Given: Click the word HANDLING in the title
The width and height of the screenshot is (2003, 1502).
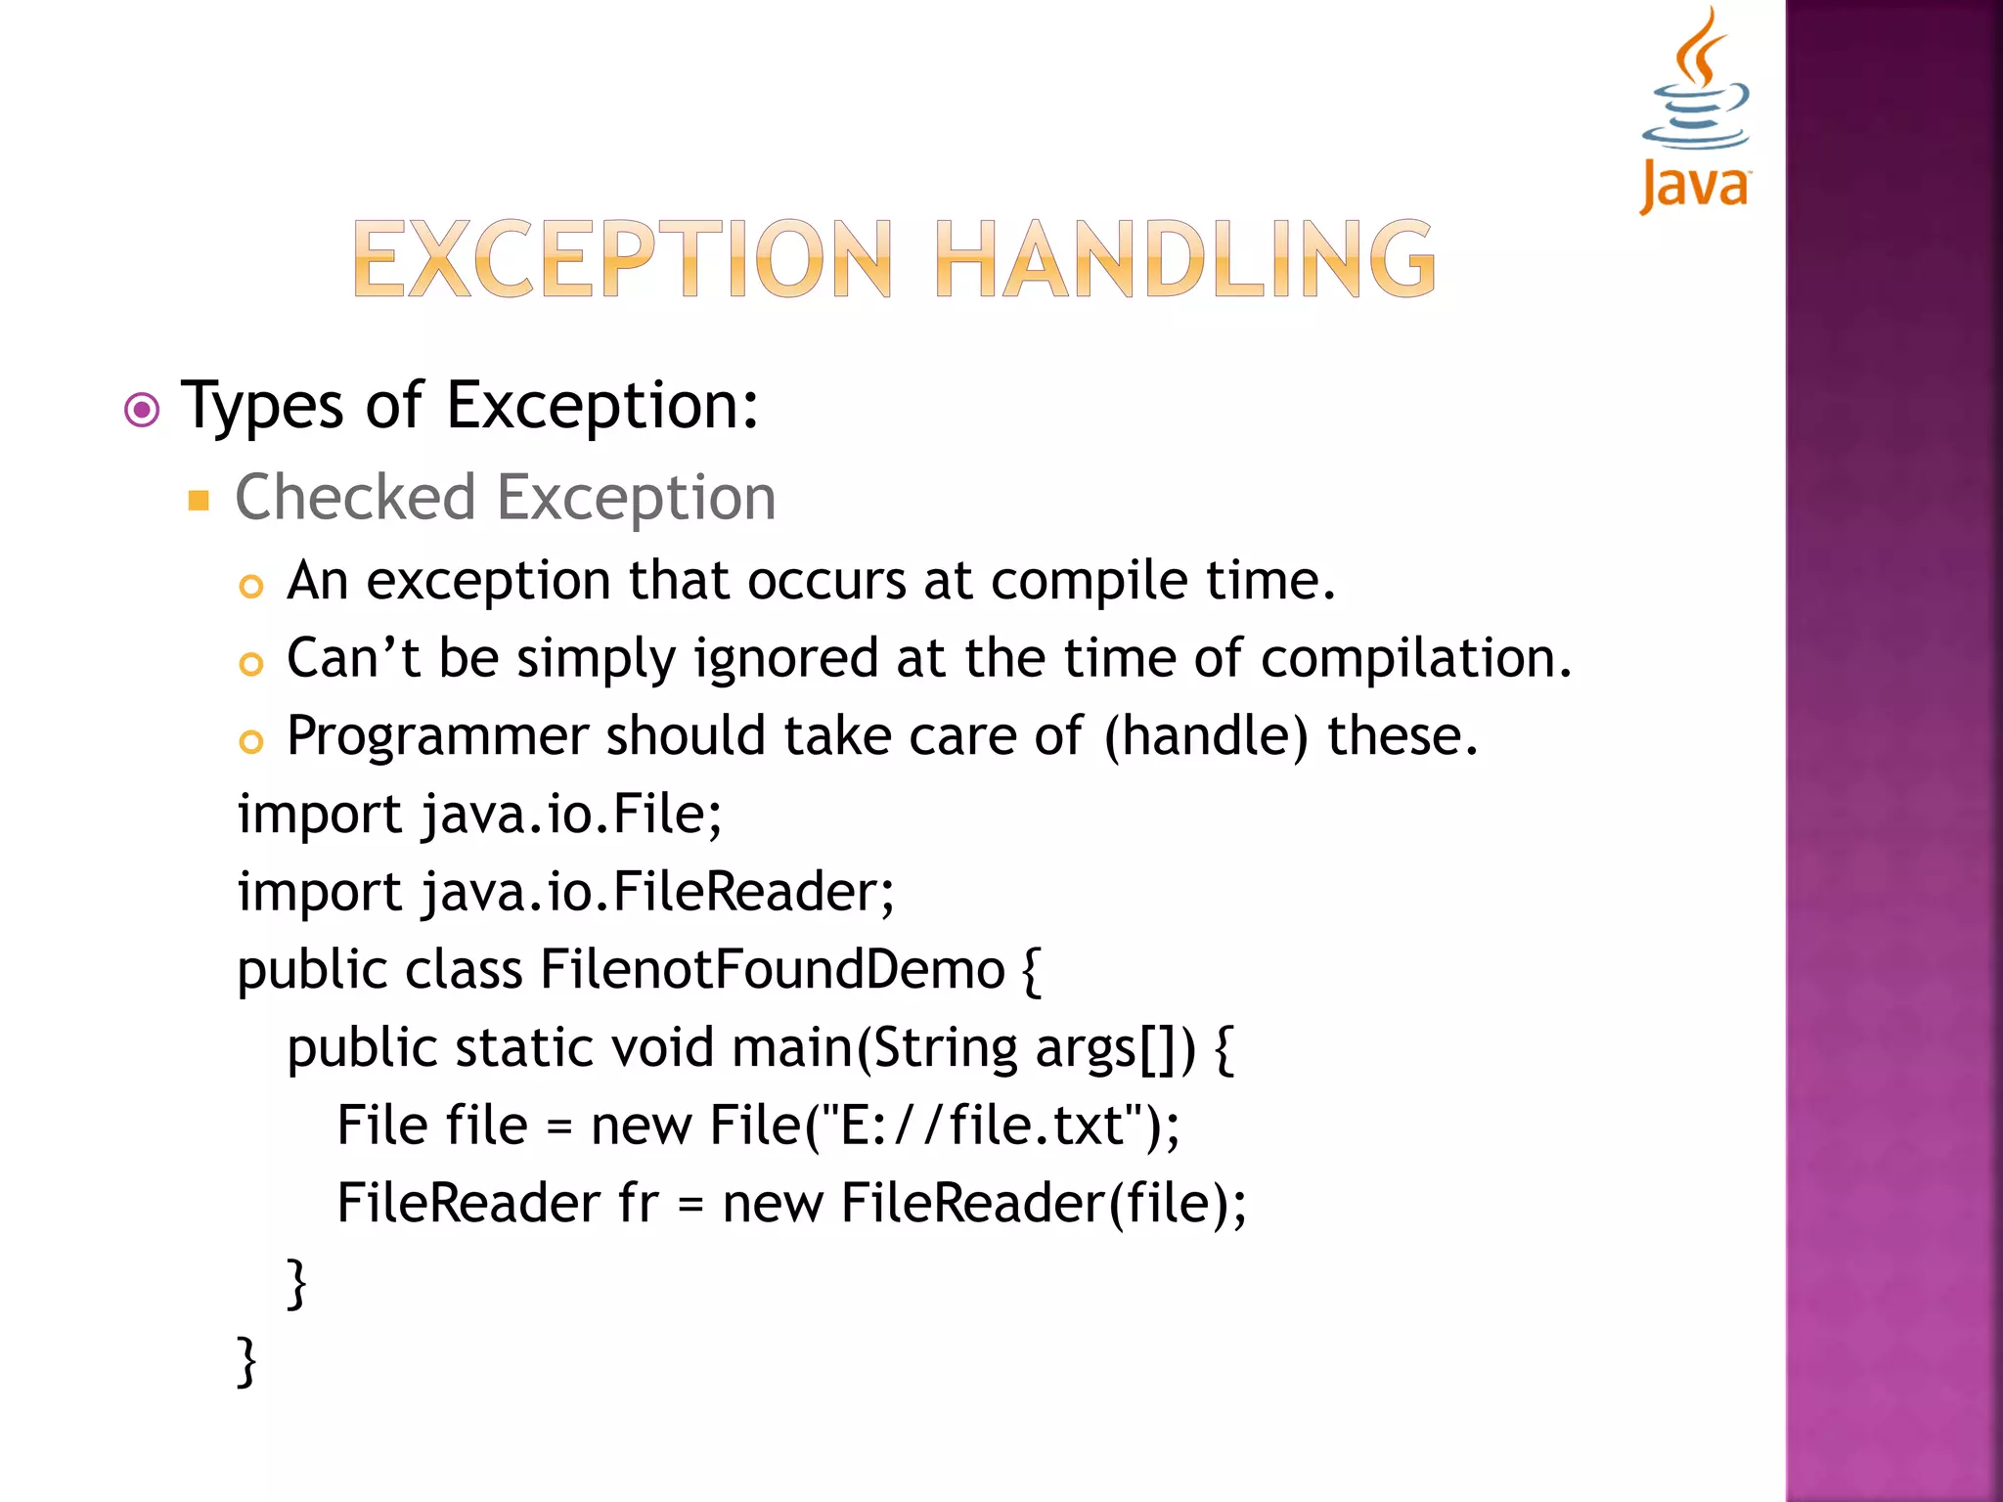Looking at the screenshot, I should click(1185, 259).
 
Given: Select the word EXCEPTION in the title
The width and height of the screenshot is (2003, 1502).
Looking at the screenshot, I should click(622, 259).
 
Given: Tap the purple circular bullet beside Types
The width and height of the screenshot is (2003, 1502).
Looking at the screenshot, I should click(143, 410).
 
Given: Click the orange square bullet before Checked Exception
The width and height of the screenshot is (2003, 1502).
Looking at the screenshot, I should click(200, 502).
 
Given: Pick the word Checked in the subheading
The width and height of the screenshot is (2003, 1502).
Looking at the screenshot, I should click(355, 498).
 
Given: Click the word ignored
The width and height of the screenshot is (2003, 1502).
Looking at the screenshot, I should click(786, 658).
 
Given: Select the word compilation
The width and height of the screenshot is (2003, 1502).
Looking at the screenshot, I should click(1414, 658).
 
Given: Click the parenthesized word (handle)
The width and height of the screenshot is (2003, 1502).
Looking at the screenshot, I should click(1205, 736).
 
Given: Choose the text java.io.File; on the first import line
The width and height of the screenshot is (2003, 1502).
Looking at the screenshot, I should click(571, 815).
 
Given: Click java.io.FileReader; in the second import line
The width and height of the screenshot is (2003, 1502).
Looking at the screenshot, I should click(657, 893).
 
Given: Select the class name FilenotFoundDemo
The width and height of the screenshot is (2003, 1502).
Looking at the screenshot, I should click(773, 970).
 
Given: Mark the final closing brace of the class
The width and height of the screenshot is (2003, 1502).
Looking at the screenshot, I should click(247, 1360).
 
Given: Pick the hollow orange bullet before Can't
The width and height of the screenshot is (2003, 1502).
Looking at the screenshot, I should click(251, 665).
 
